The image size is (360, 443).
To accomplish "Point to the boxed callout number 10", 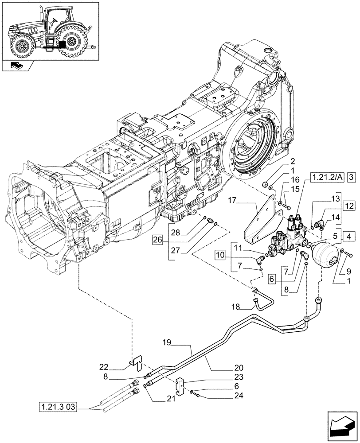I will pos(220,254).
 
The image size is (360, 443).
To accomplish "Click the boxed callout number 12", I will pos(349,206).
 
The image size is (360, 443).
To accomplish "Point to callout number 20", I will pos(239,367).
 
